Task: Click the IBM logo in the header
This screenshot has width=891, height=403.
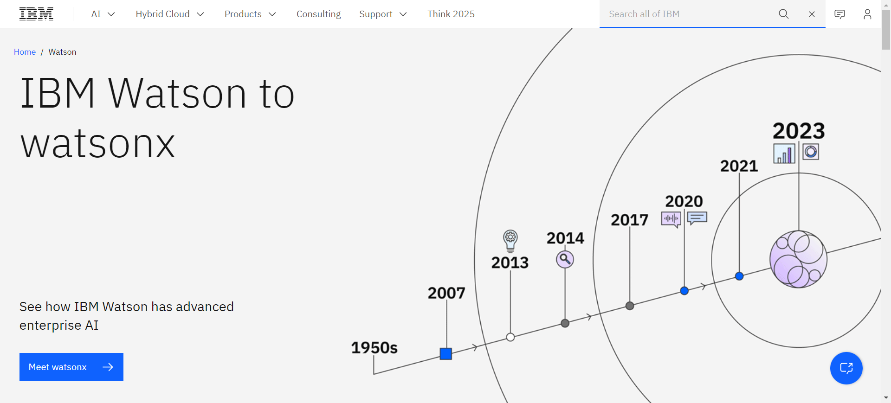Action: tap(36, 14)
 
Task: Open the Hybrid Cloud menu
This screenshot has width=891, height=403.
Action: tap(170, 14)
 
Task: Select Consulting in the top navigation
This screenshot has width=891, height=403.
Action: tap(318, 14)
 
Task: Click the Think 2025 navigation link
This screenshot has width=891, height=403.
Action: tap(451, 14)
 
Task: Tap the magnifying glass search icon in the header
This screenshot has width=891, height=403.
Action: tap(783, 14)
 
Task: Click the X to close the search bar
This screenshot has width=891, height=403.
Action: tap(812, 14)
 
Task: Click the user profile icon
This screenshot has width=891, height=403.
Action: tap(867, 14)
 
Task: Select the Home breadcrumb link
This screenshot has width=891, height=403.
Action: tap(25, 52)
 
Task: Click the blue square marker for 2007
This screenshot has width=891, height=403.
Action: tap(446, 354)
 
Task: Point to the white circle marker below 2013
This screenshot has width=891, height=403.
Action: tap(510, 337)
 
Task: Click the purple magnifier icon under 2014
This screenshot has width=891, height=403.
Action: tap(565, 259)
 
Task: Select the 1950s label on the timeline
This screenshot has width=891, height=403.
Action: tap(374, 348)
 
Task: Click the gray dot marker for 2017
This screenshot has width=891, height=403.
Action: tap(630, 306)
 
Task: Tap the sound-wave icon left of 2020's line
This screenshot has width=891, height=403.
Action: tap(671, 219)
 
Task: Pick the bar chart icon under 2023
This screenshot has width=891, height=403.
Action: tap(784, 153)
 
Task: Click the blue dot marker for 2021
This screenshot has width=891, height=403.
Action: tap(739, 276)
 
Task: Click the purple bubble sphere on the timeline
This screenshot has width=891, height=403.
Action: tap(798, 259)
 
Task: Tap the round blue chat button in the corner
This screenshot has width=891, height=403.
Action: tap(846, 368)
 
